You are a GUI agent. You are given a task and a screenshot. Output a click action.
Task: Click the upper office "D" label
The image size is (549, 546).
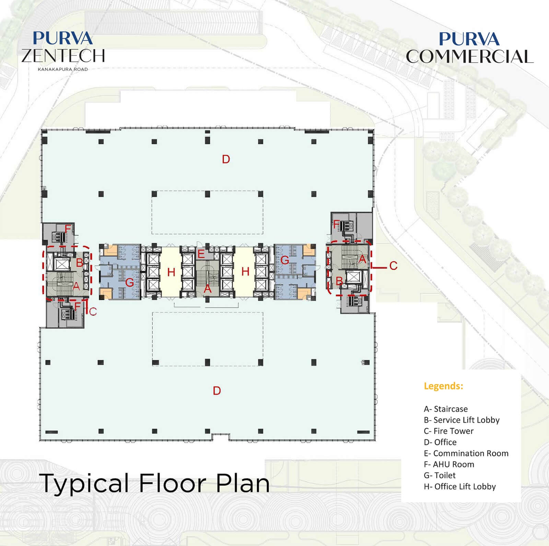point(226,159)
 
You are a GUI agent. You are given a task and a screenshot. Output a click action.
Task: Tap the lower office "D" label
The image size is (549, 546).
point(217,391)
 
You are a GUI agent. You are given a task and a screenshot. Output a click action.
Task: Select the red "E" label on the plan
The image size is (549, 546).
point(201,254)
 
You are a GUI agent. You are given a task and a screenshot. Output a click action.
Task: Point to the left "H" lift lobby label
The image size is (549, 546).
point(171,272)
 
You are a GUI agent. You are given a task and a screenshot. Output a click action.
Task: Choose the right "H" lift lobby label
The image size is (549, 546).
point(245,271)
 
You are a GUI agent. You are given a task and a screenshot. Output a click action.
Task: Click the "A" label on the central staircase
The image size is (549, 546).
point(207,289)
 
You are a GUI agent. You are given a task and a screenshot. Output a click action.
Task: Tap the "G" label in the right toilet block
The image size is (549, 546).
point(285,260)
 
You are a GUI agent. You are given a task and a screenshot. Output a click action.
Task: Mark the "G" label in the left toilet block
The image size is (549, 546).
point(130,282)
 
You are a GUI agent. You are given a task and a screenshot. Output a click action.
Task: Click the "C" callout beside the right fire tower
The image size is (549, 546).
point(393,266)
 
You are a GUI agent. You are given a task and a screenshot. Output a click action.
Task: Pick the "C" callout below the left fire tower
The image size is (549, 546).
point(93,312)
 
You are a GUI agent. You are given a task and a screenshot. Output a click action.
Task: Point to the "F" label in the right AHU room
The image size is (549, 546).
point(337,225)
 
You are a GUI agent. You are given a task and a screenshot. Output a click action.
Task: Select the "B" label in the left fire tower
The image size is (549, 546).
point(79,263)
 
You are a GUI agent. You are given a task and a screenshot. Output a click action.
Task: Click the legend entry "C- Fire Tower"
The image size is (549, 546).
point(448,431)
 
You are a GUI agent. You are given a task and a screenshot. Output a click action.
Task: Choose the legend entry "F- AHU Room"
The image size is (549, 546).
point(449,464)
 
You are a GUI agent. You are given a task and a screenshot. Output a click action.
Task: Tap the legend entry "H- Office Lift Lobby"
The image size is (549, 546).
point(460,487)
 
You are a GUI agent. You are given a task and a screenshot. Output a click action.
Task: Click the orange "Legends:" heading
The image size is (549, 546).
point(443,386)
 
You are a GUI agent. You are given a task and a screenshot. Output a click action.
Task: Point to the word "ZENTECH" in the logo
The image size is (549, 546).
point(63,56)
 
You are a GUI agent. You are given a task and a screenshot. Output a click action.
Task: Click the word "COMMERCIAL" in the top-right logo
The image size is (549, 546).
point(470,57)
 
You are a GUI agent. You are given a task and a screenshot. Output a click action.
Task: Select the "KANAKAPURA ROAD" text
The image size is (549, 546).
point(63,69)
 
